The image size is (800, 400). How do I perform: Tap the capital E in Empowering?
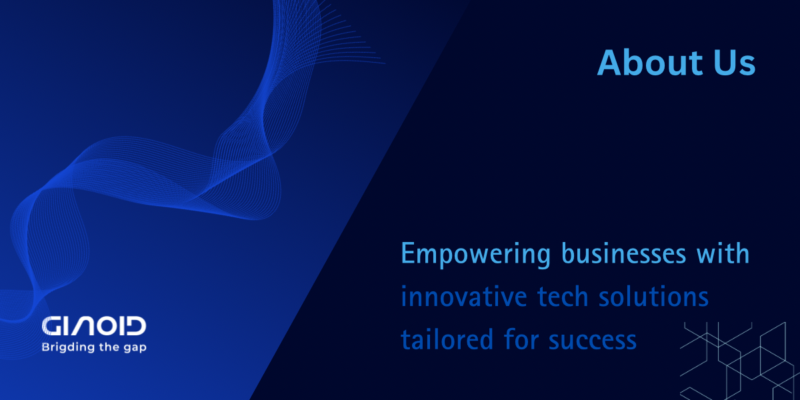coord(408,254)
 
